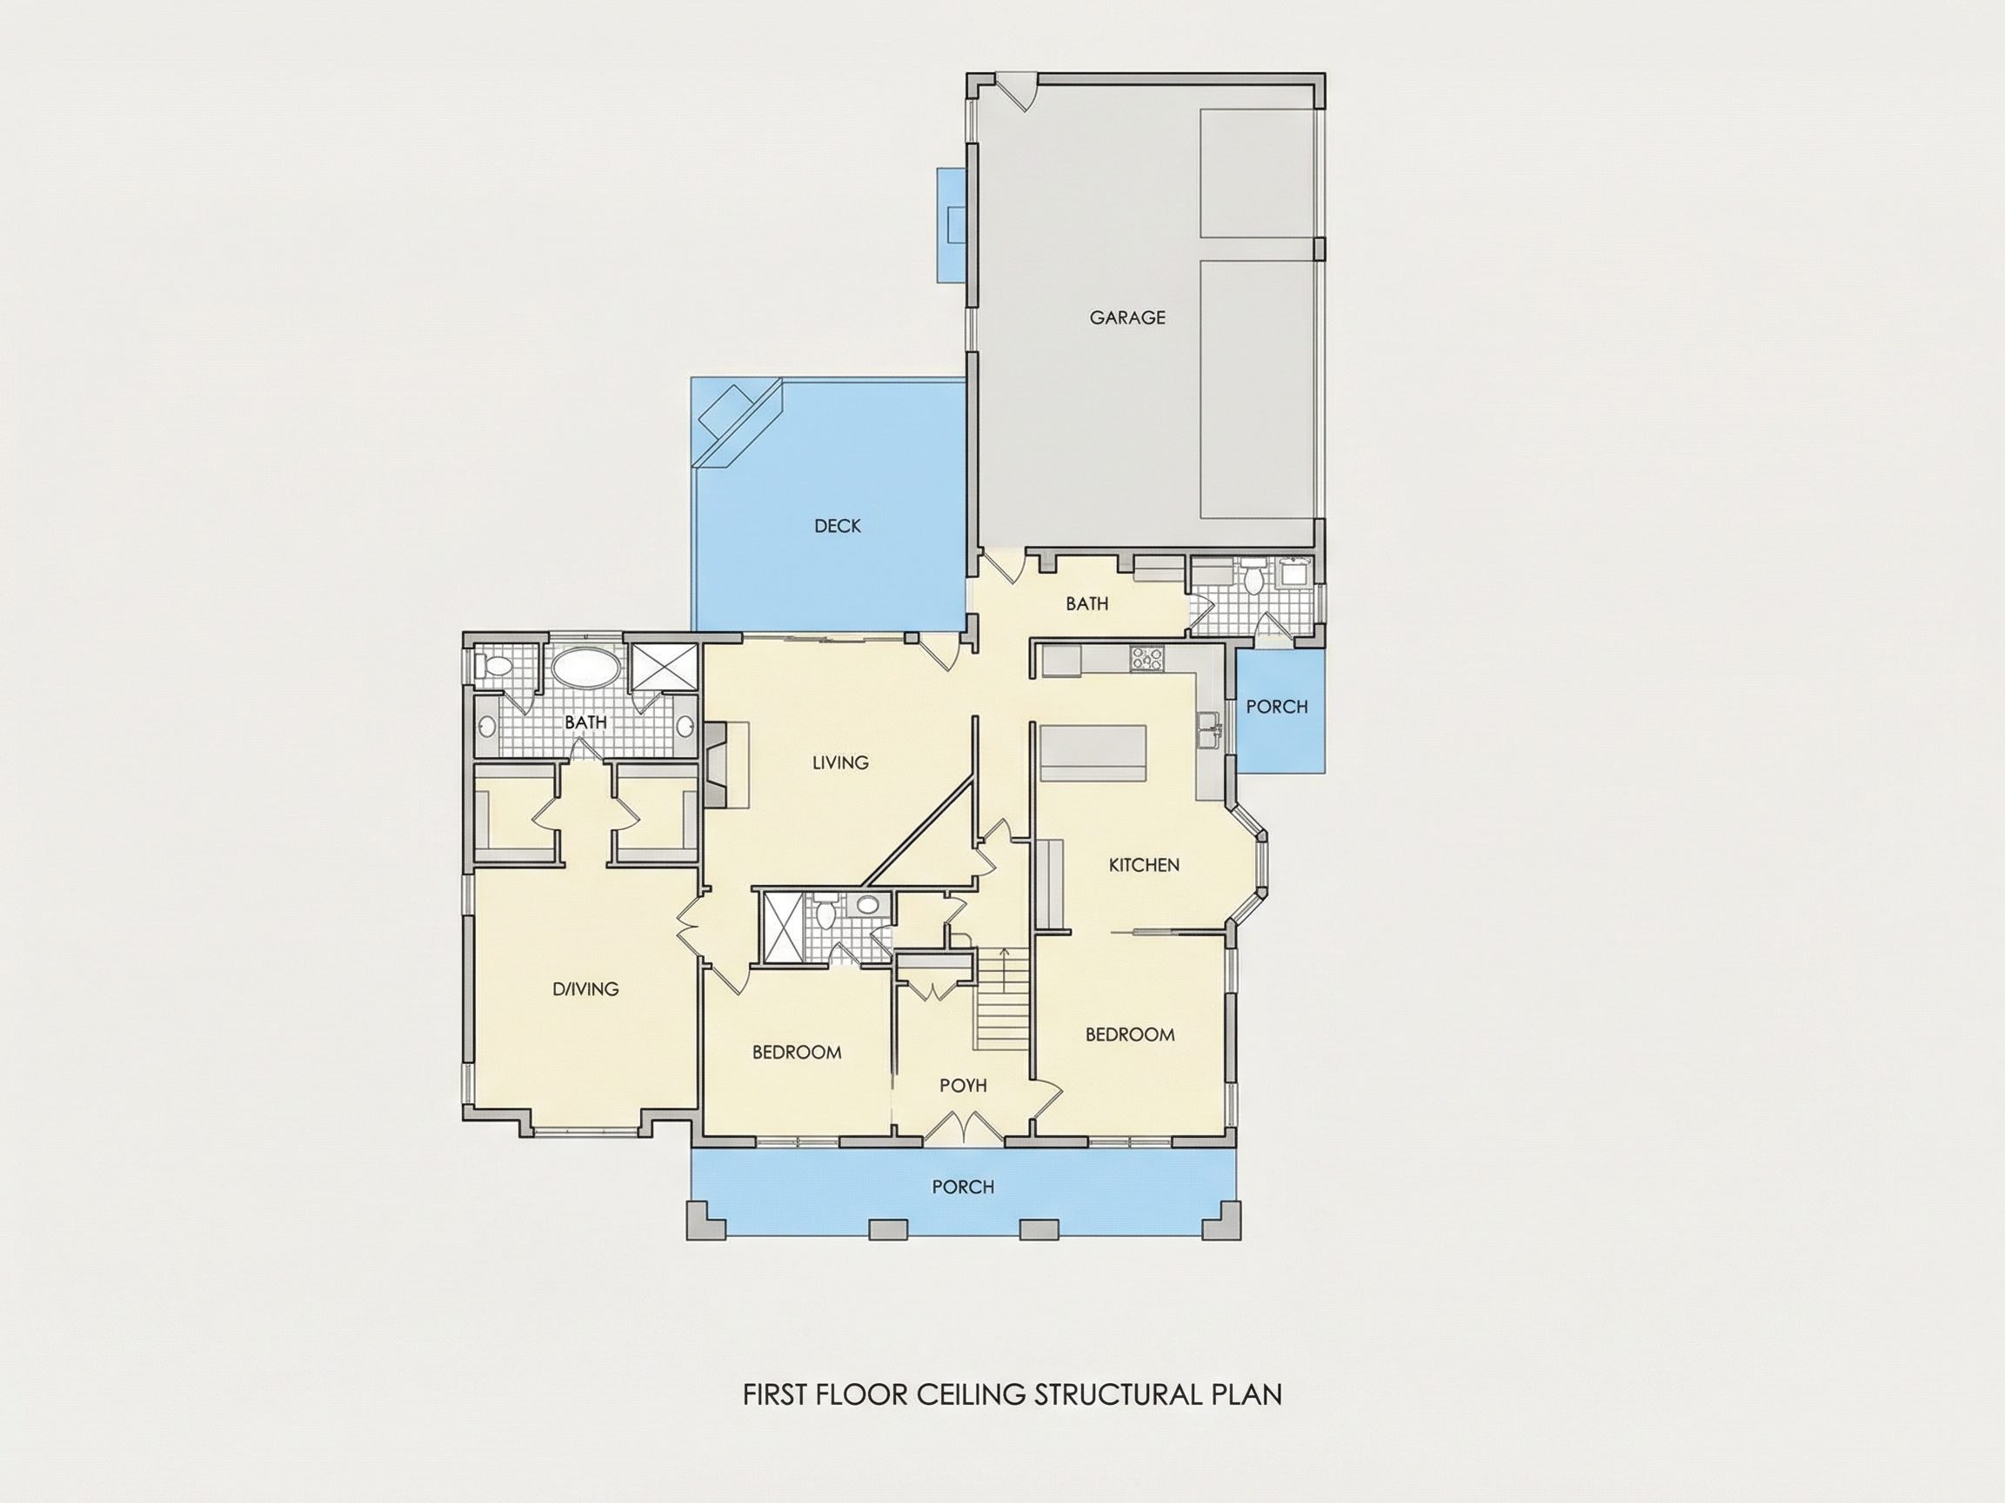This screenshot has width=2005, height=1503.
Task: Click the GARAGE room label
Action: click(1126, 317)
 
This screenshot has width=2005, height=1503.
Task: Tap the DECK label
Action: click(838, 525)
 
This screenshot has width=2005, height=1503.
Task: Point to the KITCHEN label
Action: click(1144, 864)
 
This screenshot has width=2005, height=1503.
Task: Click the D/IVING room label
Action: click(585, 988)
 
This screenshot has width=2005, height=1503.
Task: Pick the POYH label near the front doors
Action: click(963, 1085)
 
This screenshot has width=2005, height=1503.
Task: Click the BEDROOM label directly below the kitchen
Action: click(1129, 1034)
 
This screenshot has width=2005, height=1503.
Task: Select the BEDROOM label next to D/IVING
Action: click(797, 1052)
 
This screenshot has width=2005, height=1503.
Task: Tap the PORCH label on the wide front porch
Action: click(963, 1186)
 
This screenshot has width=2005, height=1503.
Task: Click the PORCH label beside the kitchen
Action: click(1276, 706)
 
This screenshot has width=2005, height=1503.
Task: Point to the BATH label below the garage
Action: click(1086, 603)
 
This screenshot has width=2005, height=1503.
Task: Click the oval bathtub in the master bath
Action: click(586, 668)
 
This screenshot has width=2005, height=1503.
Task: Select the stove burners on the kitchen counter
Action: click(1146, 658)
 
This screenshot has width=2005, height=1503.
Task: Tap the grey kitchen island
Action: click(1092, 752)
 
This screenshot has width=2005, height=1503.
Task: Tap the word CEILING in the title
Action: click(971, 1393)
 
